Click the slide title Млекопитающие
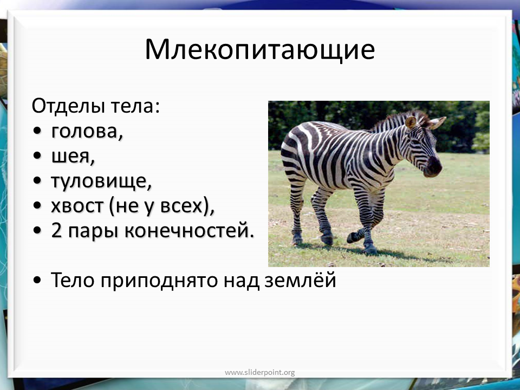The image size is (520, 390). (x=259, y=50)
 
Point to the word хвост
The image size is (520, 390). (x=77, y=206)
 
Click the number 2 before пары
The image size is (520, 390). (x=56, y=231)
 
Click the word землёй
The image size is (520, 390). (x=301, y=280)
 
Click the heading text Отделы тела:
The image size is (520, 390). (x=96, y=106)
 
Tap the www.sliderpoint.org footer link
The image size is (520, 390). (x=259, y=373)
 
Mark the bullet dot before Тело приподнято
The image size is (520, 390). (x=37, y=281)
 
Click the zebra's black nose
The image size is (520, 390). (x=434, y=166)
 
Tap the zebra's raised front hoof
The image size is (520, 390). (x=352, y=237)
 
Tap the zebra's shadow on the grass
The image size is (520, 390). (x=381, y=252)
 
